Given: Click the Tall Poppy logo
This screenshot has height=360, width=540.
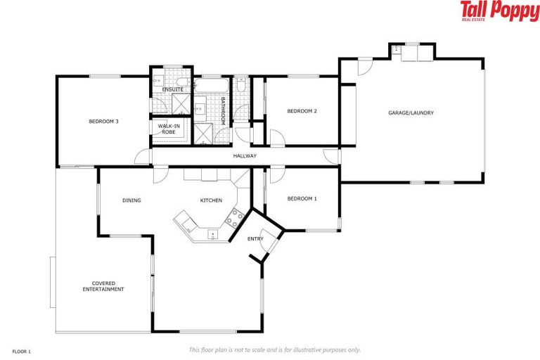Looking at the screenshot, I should point(499,11).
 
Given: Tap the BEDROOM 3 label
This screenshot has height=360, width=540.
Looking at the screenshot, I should point(103,122).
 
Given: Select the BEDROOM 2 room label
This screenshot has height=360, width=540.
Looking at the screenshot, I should point(302,111).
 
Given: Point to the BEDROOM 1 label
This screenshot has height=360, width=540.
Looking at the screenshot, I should point(302,198).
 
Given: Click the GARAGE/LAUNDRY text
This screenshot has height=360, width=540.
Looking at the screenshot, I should point(411,112).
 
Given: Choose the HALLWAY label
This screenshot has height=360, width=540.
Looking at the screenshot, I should point(245,156).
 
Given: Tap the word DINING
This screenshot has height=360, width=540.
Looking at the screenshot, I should point(131,200).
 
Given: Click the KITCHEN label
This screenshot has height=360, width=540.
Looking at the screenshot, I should point(211,200).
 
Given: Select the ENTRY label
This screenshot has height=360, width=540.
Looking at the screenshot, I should point(255,239).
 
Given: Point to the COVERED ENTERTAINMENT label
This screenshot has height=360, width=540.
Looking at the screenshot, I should point(103,286).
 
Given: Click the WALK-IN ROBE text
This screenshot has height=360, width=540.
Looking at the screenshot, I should point(168,129).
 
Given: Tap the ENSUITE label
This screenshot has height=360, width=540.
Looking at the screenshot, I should point(172,90).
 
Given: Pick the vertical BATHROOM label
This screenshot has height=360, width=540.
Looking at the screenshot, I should point(222,111).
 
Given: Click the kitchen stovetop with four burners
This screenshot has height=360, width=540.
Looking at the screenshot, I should point(233,217).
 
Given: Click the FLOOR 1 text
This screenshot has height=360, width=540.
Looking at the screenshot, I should point(22,350).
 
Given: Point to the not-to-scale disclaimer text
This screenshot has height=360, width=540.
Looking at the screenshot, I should point(274,349).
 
